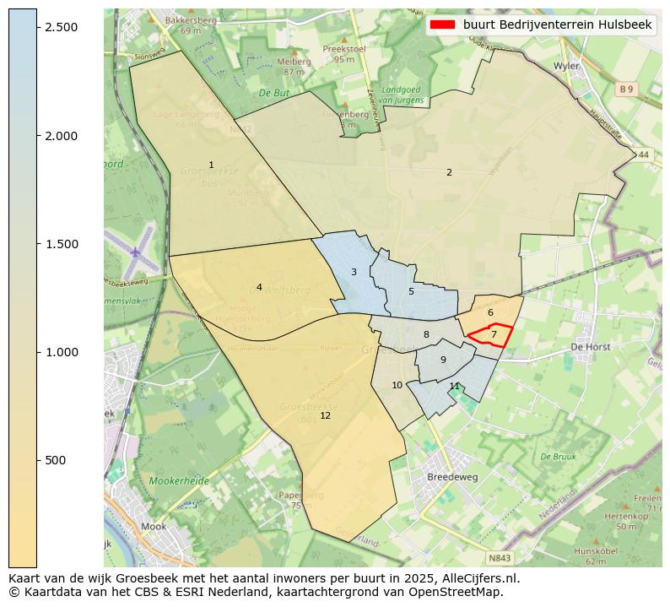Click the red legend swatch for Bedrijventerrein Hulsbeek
442,25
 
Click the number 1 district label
211,165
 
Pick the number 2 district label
449,172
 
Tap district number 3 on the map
354,272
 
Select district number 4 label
259,287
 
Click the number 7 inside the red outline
494,335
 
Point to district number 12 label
325,415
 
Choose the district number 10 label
397,385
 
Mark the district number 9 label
443,360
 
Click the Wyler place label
565,65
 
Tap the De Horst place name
590,346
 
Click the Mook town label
154,526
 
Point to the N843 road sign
500,558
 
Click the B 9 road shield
625,89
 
